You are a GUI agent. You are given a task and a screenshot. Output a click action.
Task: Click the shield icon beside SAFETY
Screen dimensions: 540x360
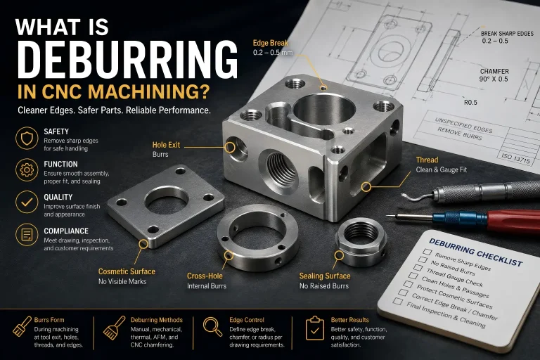coord(27,138)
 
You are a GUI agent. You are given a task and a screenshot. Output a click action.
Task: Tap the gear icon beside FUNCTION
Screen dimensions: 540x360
coord(27,170)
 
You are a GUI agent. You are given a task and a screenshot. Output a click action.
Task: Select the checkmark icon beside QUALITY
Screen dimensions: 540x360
coord(27,202)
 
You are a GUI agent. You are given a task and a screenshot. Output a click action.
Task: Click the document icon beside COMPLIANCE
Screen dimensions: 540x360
coord(27,235)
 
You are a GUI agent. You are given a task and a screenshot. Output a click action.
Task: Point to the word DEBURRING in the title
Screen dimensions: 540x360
coord(127,60)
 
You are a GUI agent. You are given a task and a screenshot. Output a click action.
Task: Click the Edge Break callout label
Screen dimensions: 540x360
coord(270,43)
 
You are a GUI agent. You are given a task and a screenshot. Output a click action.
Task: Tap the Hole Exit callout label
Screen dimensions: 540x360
coord(166,145)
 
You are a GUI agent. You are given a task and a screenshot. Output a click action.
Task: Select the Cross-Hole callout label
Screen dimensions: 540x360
coord(205,276)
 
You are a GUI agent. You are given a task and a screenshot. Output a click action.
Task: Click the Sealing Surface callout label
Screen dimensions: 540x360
coord(324,276)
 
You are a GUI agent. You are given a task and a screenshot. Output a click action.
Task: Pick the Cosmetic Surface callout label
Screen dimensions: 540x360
coord(127,271)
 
